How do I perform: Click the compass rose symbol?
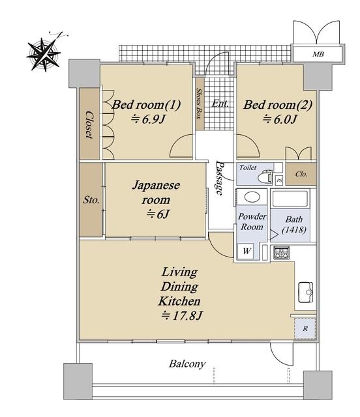point(44,55)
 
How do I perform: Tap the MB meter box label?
point(318,54)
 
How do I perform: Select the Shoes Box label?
point(199,104)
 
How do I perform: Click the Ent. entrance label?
point(220,104)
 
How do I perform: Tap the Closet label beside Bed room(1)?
point(89,124)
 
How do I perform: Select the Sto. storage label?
point(91,200)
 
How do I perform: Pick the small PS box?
point(278,180)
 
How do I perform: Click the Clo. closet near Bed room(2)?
point(301,174)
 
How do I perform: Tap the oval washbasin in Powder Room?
point(252,197)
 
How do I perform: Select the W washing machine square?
point(247,251)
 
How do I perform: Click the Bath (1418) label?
point(294,224)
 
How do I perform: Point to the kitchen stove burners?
point(282,253)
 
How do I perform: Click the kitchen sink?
point(305,292)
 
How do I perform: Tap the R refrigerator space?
point(305,328)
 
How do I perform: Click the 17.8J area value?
point(182,315)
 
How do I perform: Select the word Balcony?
point(187,364)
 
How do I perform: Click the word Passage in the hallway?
point(219,178)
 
